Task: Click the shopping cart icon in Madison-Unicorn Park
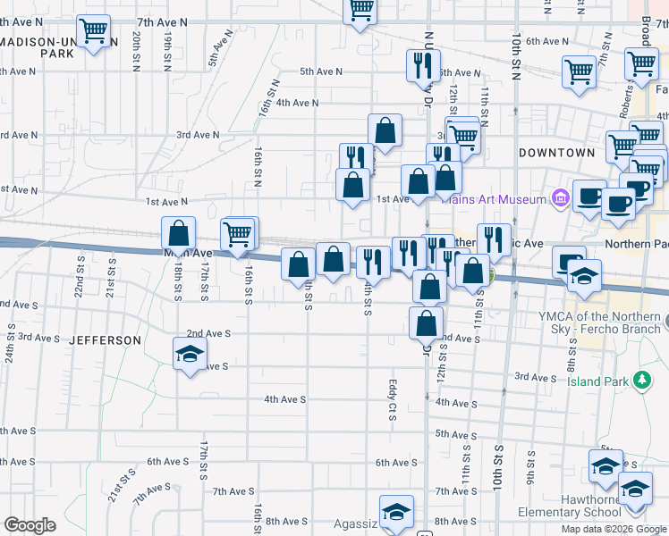(94, 32)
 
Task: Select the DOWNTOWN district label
(557, 153)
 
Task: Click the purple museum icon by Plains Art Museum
(561, 197)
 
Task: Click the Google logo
(30, 525)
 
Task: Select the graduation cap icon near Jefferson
(190, 356)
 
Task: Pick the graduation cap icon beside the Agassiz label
(396, 511)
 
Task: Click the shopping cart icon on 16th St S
(238, 235)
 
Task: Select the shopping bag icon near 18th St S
(179, 233)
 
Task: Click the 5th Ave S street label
(453, 433)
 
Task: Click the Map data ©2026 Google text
(614, 529)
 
